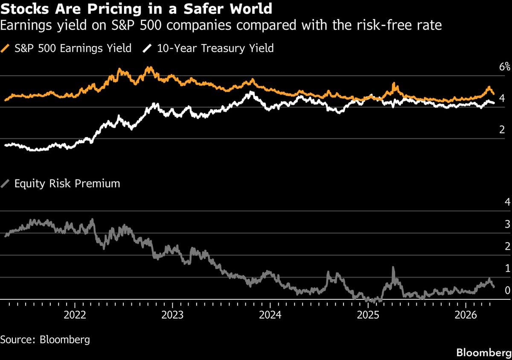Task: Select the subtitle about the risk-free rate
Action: tap(221, 26)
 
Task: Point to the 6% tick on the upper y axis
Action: tap(505, 67)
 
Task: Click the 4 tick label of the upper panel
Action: tap(502, 99)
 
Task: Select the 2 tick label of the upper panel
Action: tap(502, 130)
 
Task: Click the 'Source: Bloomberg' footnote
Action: tap(45, 340)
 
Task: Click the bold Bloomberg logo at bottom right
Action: tap(483, 353)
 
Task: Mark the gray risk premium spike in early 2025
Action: tap(393, 269)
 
